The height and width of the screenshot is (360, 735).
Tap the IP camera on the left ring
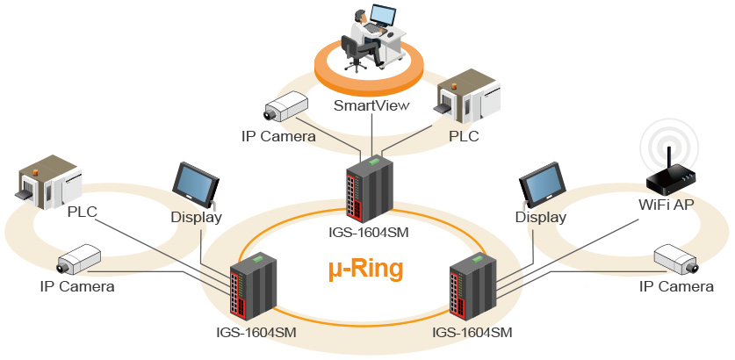81,260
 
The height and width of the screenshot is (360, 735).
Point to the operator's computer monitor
382,15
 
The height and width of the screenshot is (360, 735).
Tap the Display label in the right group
540,217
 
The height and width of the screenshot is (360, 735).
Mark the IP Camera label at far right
675,287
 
